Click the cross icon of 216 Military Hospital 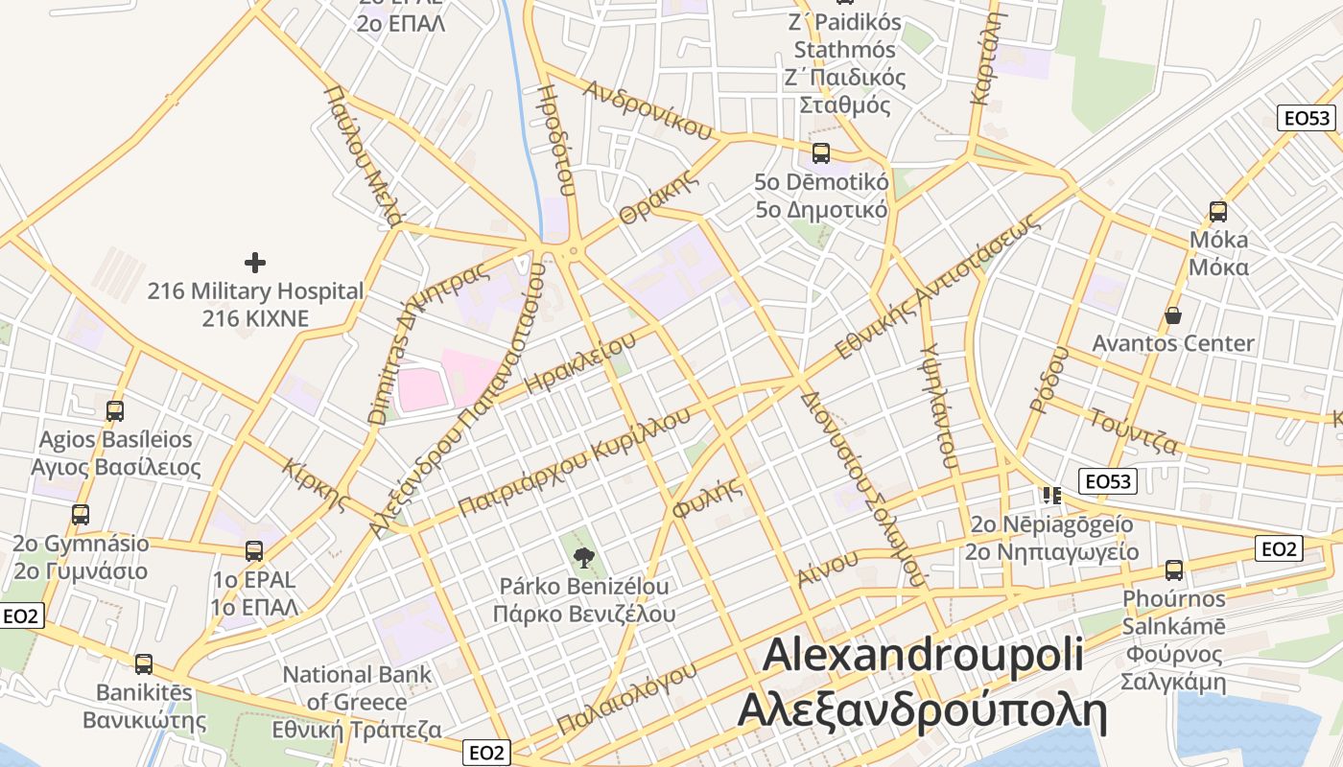pyautogui.click(x=254, y=262)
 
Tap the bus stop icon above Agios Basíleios pyautogui.click(x=115, y=411)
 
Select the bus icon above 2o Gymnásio pyautogui.click(x=81, y=515)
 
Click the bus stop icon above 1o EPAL pyautogui.click(x=254, y=551)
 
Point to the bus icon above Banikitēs pyautogui.click(x=144, y=663)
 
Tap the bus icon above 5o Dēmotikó pyautogui.click(x=821, y=152)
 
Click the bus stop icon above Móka pyautogui.click(x=1218, y=212)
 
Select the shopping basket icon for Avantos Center pyautogui.click(x=1172, y=315)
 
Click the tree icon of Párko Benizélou pyautogui.click(x=583, y=557)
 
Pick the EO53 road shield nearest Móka pyautogui.click(x=1307, y=118)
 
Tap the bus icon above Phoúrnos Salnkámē pyautogui.click(x=1174, y=570)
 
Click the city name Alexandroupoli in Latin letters pyautogui.click(x=922, y=655)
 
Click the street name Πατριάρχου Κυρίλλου pyautogui.click(x=574, y=462)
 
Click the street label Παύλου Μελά pyautogui.click(x=362, y=153)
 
